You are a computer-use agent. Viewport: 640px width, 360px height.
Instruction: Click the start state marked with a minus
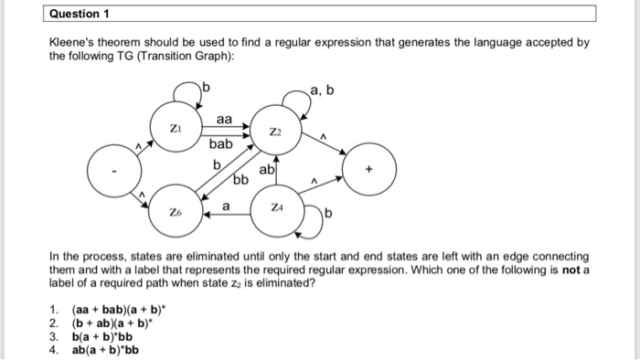click(x=113, y=170)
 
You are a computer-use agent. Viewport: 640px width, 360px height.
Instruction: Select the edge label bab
click(x=221, y=144)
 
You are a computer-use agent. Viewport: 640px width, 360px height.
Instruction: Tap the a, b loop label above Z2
click(x=322, y=88)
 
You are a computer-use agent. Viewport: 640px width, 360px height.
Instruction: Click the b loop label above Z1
click(x=206, y=88)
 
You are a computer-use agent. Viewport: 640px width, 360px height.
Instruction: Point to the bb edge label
click(x=240, y=180)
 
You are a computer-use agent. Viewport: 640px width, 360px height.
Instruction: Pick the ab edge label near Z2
click(x=267, y=170)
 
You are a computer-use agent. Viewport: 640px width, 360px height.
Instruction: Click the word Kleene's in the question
click(x=74, y=42)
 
